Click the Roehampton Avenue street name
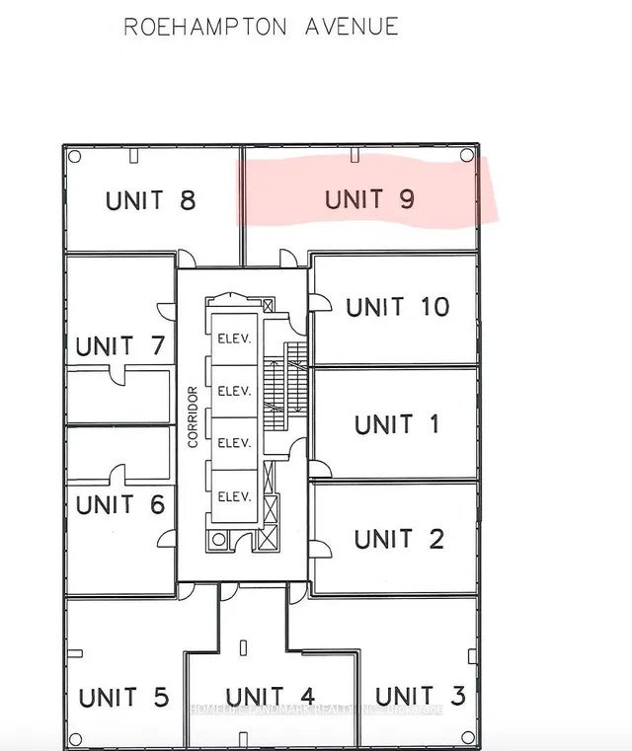click(x=261, y=27)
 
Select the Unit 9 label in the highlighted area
click(x=369, y=199)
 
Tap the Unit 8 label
click(x=150, y=201)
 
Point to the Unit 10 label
click(x=397, y=307)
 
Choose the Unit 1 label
click(x=396, y=424)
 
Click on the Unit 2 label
click(x=398, y=539)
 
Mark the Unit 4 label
click(x=270, y=698)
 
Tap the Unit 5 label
click(x=123, y=698)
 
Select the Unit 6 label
click(x=118, y=504)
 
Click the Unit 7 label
click(x=118, y=346)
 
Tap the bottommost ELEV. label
click(x=233, y=495)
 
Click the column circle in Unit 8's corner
click(x=74, y=156)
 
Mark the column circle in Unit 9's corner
click(x=466, y=156)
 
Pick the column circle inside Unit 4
click(x=243, y=646)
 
